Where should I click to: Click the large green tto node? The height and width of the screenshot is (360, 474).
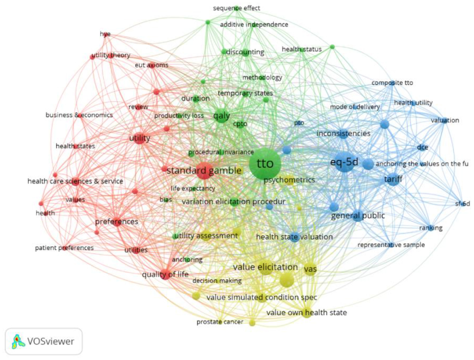click(265, 164)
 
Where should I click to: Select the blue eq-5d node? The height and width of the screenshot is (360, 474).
click(344, 162)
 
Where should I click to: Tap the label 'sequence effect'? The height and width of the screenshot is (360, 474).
click(236, 8)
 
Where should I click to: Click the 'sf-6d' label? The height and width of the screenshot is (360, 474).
click(462, 204)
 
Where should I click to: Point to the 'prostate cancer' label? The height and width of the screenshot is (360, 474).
click(220, 322)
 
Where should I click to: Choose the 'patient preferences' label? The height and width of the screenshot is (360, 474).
click(64, 248)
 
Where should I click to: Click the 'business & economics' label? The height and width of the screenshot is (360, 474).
click(79, 115)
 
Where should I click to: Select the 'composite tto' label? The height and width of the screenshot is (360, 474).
click(392, 83)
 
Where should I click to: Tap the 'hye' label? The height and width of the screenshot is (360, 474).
click(105, 34)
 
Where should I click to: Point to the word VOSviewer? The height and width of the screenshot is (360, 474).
click(51, 342)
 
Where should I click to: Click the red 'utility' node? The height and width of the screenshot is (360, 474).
click(139, 138)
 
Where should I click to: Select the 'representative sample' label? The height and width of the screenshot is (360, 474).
click(391, 245)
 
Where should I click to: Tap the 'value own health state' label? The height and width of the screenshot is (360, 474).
click(307, 313)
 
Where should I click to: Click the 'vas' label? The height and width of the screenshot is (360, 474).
click(310, 269)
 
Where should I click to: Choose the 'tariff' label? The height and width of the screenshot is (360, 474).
click(393, 179)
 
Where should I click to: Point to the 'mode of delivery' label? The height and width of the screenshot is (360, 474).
click(355, 107)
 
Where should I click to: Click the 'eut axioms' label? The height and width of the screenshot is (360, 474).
click(151, 65)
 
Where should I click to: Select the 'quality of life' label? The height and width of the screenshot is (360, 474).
click(165, 274)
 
